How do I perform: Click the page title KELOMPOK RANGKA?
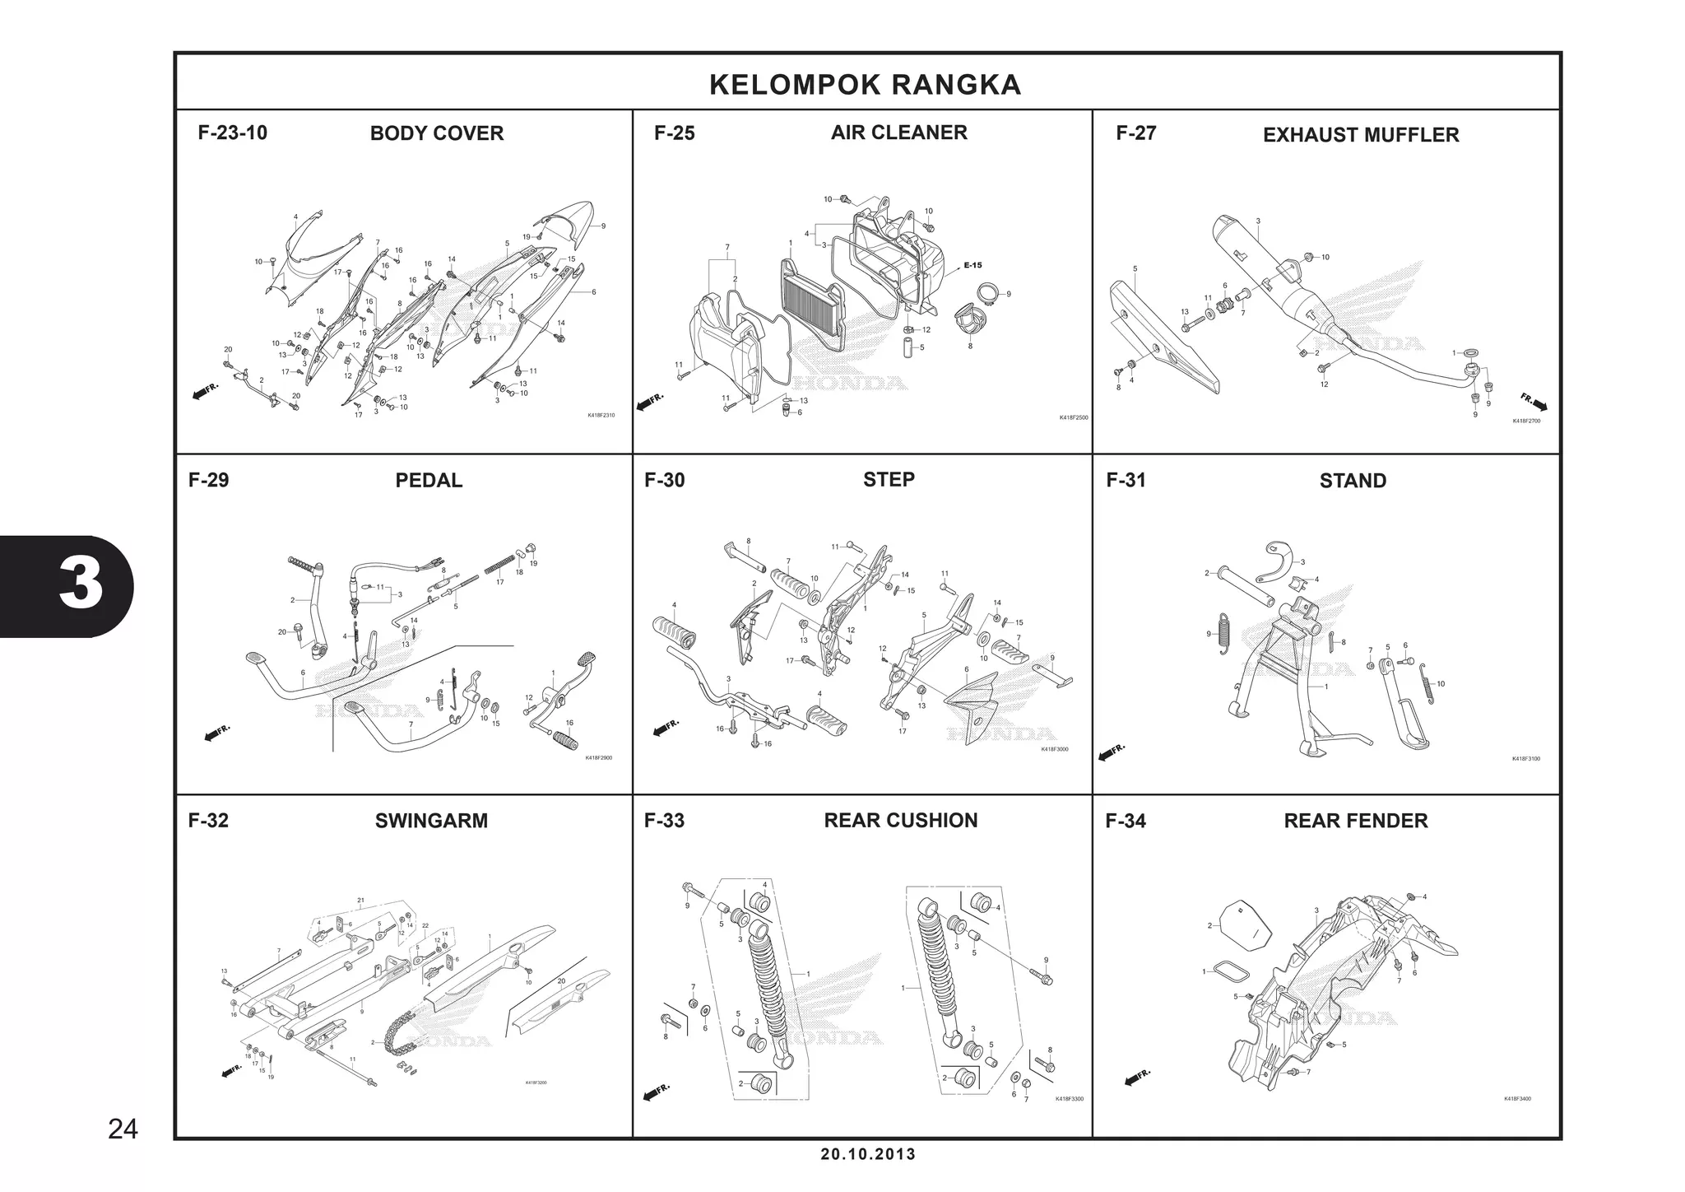click(865, 85)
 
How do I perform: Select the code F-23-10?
click(232, 133)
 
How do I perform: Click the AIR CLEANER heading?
click(898, 133)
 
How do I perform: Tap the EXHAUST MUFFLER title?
click(1360, 135)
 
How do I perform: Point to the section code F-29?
click(208, 480)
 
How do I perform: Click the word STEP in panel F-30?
click(889, 479)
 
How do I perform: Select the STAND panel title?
click(1352, 481)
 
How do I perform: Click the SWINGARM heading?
click(431, 821)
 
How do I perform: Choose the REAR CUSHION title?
click(900, 820)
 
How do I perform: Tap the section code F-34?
click(1125, 821)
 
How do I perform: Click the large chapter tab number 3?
click(81, 586)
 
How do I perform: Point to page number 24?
click(123, 1129)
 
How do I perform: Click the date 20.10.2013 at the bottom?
click(867, 1154)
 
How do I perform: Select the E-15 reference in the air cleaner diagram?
click(972, 265)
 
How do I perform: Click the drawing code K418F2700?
click(1525, 421)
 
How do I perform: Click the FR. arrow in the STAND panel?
click(1112, 752)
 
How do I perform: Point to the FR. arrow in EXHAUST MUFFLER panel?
click(1533, 403)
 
